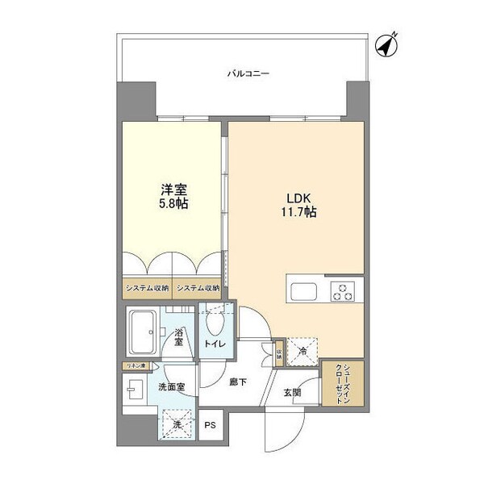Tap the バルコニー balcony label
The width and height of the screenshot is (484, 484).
click(x=248, y=73)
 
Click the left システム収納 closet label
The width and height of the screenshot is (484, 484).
click(x=146, y=288)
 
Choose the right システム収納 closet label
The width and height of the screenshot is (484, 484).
click(x=198, y=288)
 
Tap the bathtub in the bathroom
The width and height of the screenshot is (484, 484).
click(x=145, y=331)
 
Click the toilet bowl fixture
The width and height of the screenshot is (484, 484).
click(x=215, y=323)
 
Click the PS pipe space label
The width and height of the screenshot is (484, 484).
click(x=211, y=425)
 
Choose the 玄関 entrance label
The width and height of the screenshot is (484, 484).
click(x=292, y=393)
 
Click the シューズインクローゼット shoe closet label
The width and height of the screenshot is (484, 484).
click(x=343, y=383)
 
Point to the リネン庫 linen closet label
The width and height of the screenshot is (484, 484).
click(x=135, y=367)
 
